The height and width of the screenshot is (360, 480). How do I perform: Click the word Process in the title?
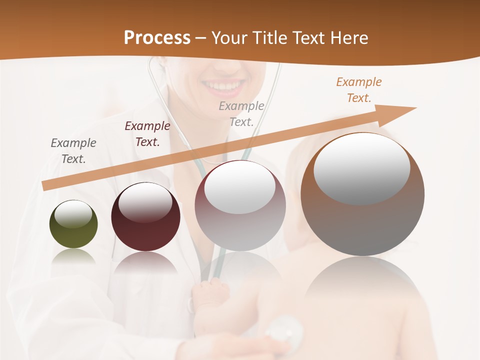point(157,38)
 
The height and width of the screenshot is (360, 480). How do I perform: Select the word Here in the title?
point(348,38)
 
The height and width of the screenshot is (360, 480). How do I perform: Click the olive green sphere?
point(73,224)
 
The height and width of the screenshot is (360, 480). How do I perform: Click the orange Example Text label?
point(359,90)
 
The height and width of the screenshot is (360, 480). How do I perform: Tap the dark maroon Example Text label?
point(147,134)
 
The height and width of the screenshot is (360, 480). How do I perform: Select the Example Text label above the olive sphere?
point(73,151)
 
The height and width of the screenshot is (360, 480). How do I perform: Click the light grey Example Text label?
point(241,113)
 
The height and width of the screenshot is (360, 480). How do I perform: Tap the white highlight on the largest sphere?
point(361,168)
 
